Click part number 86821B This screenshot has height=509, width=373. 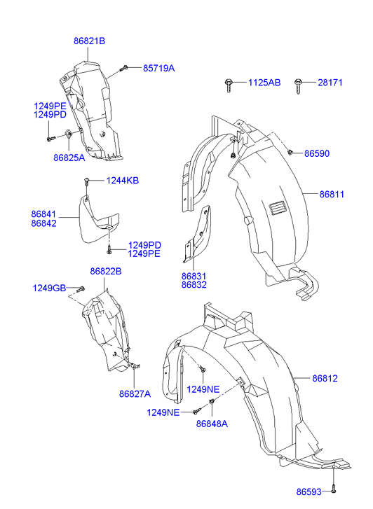[90, 41]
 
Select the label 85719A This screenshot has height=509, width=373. [159, 68]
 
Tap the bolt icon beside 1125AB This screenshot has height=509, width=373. [229, 85]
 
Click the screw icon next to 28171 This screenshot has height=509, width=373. [298, 86]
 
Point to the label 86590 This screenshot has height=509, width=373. [317, 153]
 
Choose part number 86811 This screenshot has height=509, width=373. [332, 194]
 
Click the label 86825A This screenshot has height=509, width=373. [69, 158]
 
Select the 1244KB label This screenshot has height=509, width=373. [123, 181]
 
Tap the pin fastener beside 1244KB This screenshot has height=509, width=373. [86, 182]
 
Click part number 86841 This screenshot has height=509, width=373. [43, 214]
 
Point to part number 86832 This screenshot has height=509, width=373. [194, 285]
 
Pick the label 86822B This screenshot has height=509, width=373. [106, 271]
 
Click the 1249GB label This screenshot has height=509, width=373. [50, 288]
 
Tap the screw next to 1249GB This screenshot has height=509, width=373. [81, 288]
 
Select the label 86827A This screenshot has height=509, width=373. [135, 393]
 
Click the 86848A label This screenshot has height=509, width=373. [212, 424]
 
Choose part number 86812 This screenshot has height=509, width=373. [325, 378]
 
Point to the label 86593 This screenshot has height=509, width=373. [308, 491]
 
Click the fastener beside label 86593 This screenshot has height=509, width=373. [333, 491]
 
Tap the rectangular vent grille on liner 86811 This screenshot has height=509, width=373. [278, 207]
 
